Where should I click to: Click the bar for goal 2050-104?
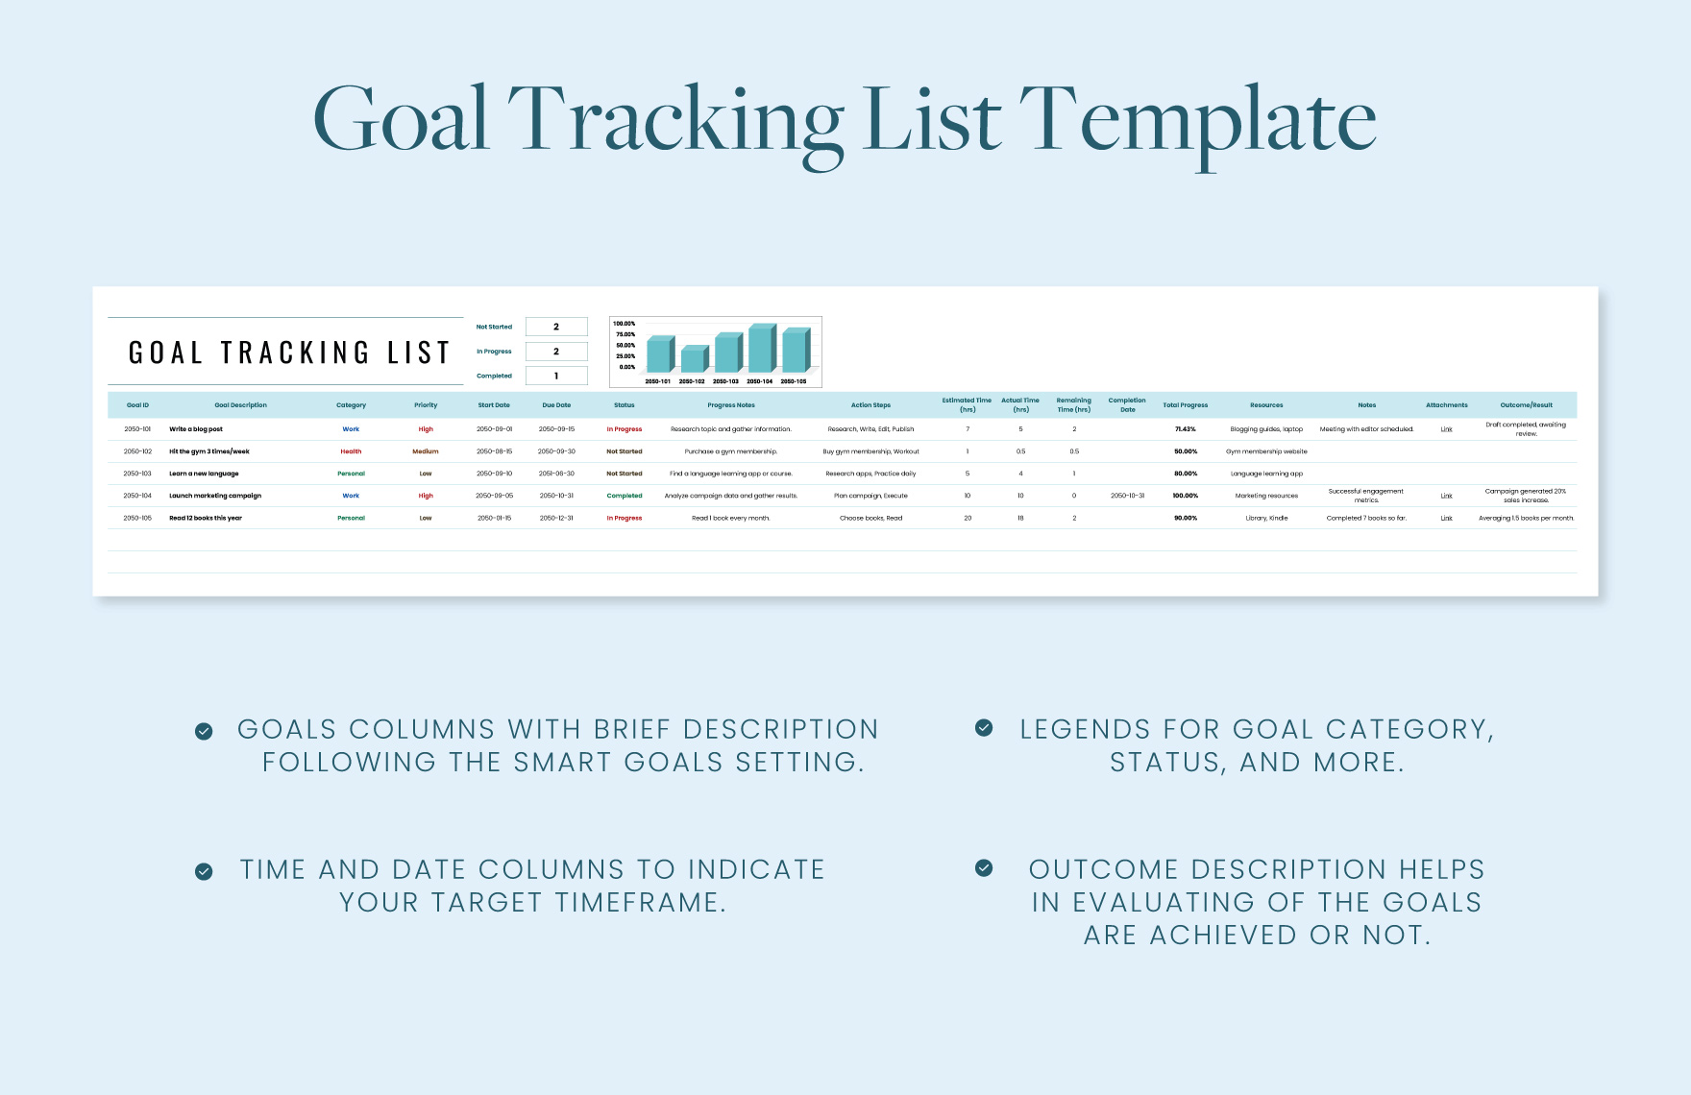pos(761,350)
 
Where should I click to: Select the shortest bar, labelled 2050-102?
pos(693,360)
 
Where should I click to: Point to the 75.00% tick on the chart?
pos(625,334)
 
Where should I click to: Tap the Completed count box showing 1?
pos(556,376)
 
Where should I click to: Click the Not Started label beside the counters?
pos(494,327)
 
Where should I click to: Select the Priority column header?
pos(426,405)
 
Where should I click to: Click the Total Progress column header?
pos(1185,405)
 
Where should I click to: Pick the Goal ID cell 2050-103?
pos(137,474)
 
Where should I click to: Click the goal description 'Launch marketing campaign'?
pos(215,496)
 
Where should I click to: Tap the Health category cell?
pos(351,451)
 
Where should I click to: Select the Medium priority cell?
pos(426,451)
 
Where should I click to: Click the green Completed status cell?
pos(625,496)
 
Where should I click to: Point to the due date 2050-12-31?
pos(556,518)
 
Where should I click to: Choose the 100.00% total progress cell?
pos(1185,496)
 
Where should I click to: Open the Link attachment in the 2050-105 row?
pos(1446,518)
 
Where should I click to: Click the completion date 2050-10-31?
pos(1127,496)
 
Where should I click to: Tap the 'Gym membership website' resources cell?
pos(1266,451)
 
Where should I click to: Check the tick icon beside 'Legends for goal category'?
pos(984,728)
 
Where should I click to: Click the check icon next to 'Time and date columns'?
pos(204,871)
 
